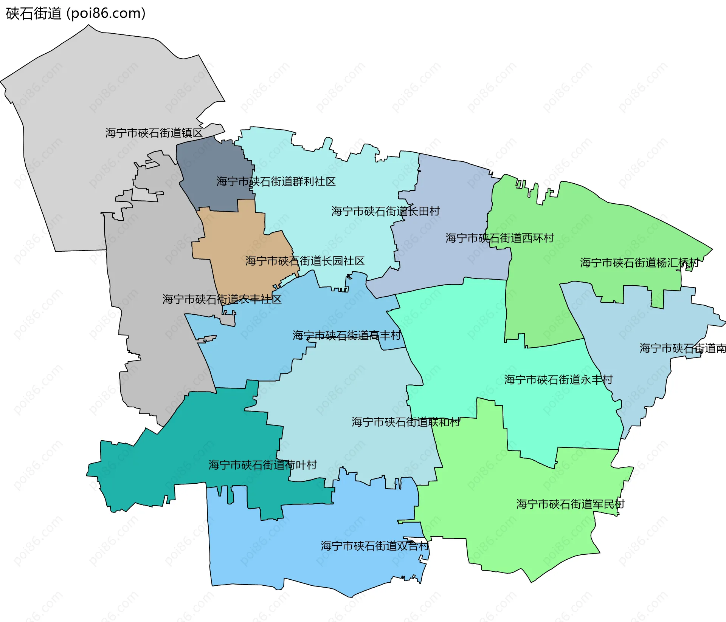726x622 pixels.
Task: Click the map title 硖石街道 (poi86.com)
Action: [76, 14]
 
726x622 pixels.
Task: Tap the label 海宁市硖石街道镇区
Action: [154, 133]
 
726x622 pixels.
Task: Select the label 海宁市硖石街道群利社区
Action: [276, 182]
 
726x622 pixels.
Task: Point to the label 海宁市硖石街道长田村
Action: [386, 211]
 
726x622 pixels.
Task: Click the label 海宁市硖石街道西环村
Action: [500, 238]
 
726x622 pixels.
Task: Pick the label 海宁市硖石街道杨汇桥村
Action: [639, 263]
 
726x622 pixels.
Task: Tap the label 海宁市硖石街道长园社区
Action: [305, 261]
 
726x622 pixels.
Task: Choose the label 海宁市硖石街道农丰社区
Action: [222, 299]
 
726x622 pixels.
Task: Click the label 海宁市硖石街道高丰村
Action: [346, 336]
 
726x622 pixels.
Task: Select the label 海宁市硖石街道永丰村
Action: [558, 380]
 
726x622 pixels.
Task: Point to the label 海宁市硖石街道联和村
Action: [406, 422]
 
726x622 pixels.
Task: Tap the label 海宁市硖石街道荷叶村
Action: [262, 465]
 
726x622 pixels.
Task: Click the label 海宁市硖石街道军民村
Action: [570, 504]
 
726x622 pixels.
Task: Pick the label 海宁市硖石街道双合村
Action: [375, 546]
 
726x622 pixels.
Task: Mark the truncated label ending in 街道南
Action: [683, 348]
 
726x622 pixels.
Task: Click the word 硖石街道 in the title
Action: [34, 14]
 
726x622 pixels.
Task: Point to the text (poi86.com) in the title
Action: [106, 14]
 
